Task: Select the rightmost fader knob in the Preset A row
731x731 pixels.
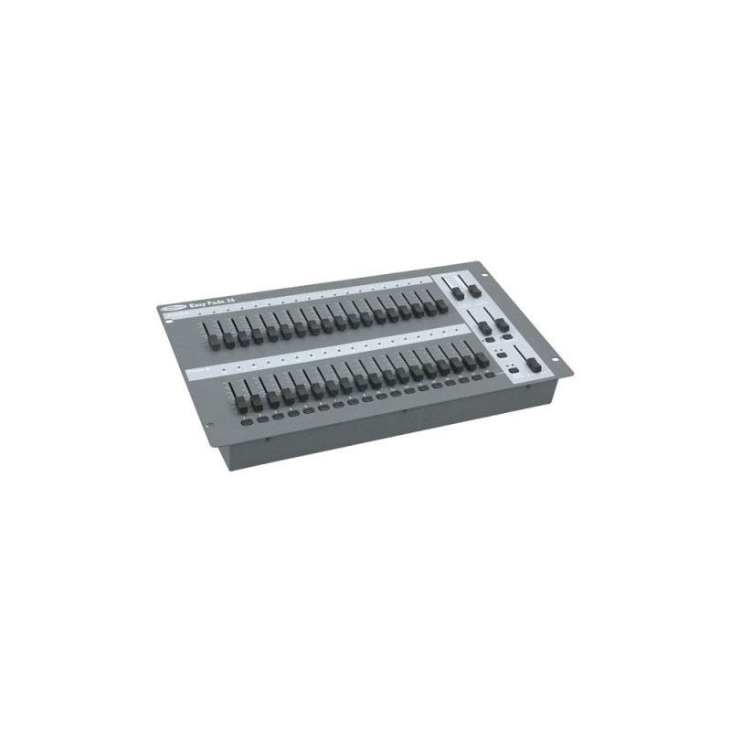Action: point(442,306)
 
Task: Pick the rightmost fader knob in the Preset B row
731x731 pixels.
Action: point(482,358)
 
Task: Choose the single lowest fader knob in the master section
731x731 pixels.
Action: point(533,364)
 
